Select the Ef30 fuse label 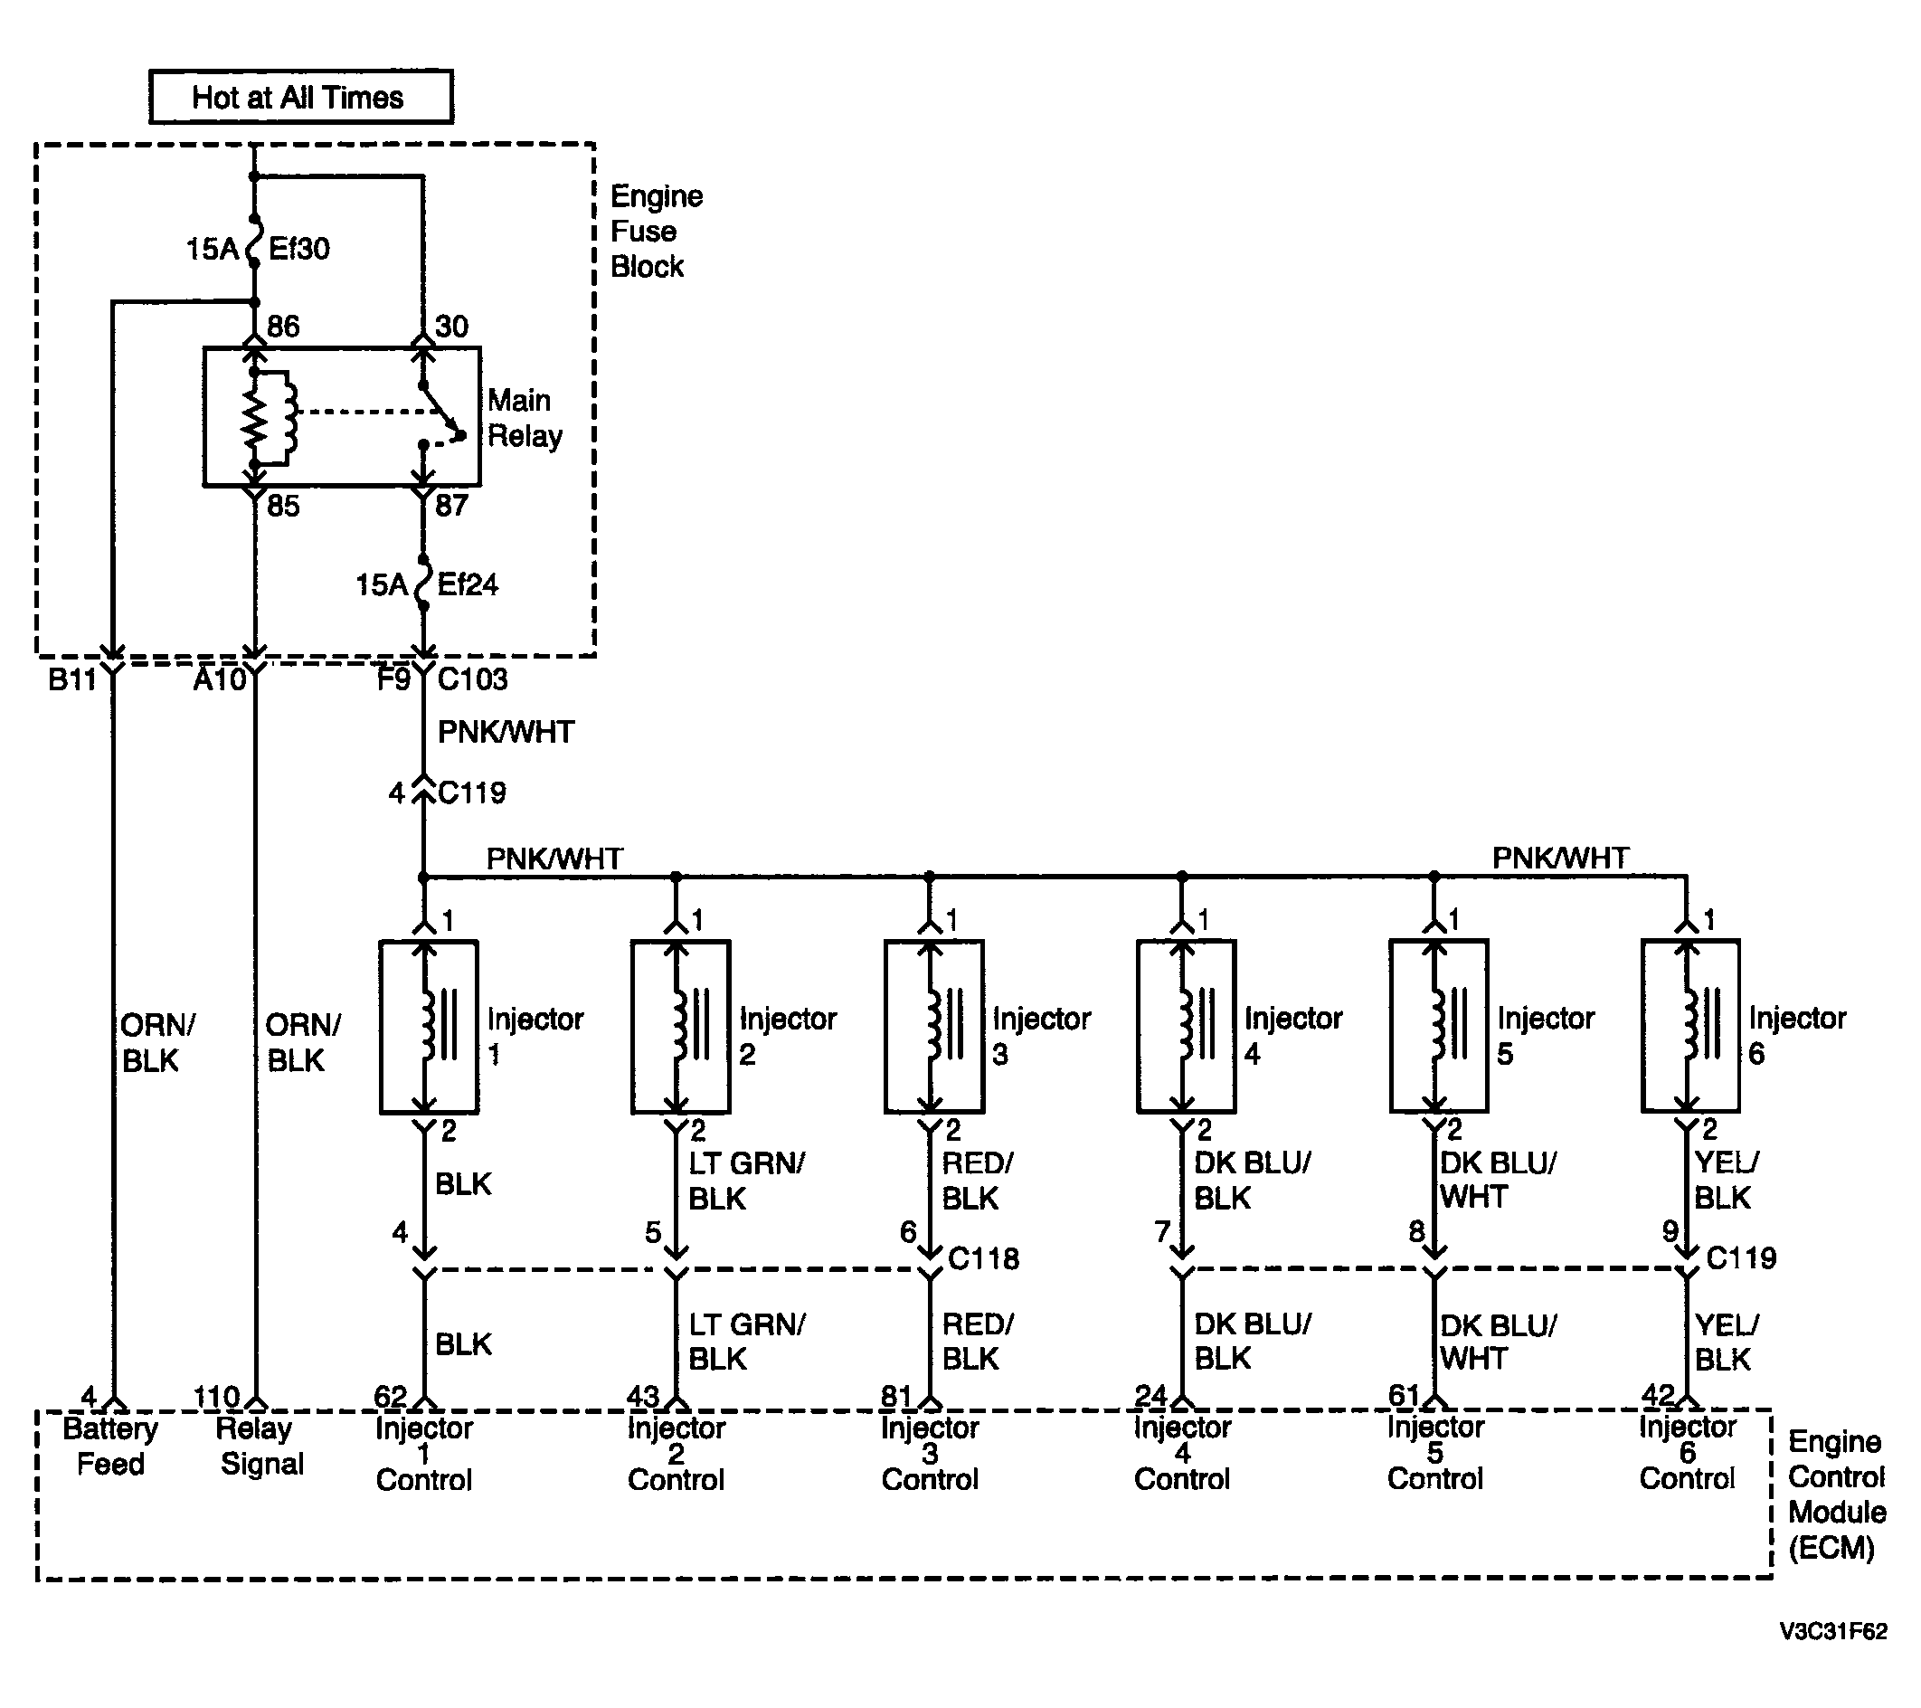298,248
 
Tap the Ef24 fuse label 467,584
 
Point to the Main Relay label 525,418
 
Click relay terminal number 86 283,327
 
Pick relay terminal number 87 451,506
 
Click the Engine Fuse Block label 656,232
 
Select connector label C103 472,678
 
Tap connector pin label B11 72,678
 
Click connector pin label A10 219,678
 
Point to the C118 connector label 983,1257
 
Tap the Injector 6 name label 1797,1035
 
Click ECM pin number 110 216,1397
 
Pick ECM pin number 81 896,1397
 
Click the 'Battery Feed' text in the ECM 110,1447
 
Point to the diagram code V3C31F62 1832,1632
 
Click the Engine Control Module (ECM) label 1836,1494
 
